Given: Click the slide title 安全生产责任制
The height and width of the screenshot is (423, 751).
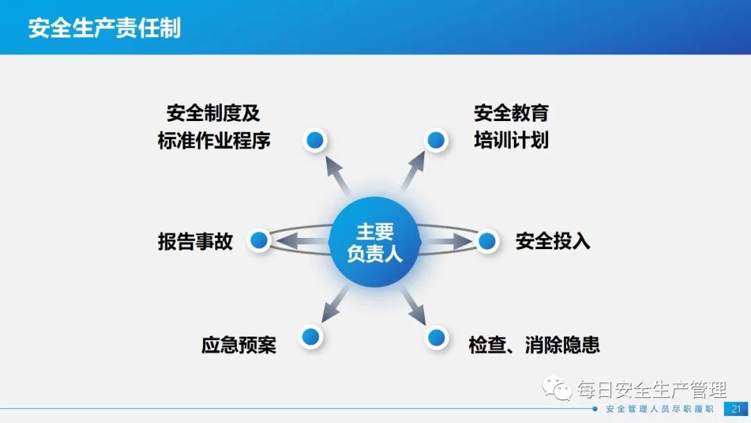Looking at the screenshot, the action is tap(104, 28).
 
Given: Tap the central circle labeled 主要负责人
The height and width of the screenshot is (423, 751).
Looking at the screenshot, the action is tap(375, 242).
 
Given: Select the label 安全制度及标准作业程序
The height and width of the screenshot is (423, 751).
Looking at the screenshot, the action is tap(213, 127).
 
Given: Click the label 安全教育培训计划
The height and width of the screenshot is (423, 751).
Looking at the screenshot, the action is tap(511, 127).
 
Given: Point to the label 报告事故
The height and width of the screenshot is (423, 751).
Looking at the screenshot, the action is tap(195, 241).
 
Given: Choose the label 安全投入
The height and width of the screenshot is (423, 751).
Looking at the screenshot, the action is tap(553, 241).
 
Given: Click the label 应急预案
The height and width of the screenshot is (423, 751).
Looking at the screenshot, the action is tap(239, 345).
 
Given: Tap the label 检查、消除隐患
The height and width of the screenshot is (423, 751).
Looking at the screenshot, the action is tap(534, 345).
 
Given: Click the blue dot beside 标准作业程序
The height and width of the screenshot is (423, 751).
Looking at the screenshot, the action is tap(315, 141).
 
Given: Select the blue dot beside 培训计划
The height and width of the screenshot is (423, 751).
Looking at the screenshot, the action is tap(436, 141).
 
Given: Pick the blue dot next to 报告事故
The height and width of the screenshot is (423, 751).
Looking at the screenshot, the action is tap(259, 240).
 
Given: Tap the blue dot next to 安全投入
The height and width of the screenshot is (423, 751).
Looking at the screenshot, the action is tap(487, 241).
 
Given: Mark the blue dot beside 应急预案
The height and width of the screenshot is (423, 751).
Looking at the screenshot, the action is tap(311, 337).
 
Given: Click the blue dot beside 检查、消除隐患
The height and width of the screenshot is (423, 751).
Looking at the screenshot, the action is tap(436, 337).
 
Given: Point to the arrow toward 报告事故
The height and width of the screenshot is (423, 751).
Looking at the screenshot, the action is tap(302, 241).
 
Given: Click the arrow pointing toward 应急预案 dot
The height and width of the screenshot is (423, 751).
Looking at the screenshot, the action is tap(334, 304).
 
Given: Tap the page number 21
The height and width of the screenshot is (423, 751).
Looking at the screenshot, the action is tap(736, 409).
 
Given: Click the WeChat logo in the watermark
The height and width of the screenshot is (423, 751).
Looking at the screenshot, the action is tap(557, 388).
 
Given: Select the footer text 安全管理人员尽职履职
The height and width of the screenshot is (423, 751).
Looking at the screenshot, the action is tap(659, 409).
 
